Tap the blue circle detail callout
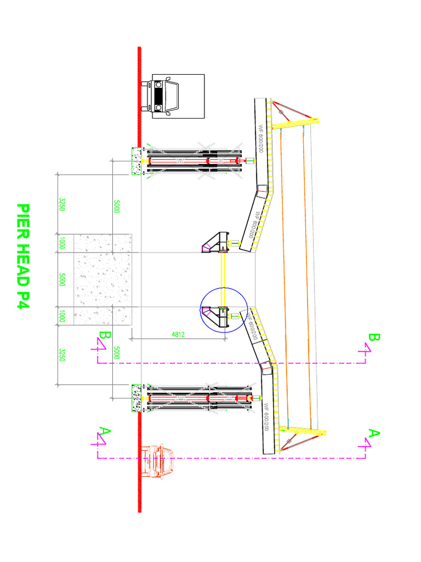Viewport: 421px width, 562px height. [x=224, y=311]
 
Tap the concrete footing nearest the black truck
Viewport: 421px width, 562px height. [x=135, y=161]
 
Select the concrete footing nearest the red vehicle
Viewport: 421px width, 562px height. [x=135, y=398]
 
